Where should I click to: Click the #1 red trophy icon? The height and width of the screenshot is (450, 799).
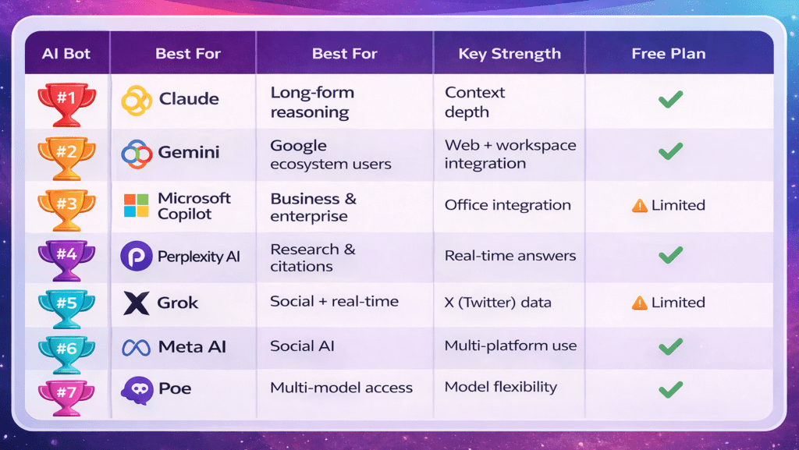pyautogui.click(x=66, y=103)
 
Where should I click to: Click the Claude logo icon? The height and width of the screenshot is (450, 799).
pyautogui.click(x=137, y=100)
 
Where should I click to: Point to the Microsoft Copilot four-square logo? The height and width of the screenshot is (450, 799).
pyautogui.click(x=137, y=206)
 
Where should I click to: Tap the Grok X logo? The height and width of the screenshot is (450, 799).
pyautogui.click(x=137, y=303)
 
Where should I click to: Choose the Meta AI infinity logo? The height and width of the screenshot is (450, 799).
pyautogui.click(x=137, y=347)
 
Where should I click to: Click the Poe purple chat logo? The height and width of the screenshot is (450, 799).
pyautogui.click(x=137, y=389)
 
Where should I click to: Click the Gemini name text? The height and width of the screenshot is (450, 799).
pyautogui.click(x=188, y=152)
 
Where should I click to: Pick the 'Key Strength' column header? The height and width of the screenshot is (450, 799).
pyautogui.click(x=510, y=54)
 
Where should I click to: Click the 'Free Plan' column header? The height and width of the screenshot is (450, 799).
pyautogui.click(x=669, y=54)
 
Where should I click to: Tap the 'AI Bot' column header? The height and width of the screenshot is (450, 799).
pyautogui.click(x=66, y=54)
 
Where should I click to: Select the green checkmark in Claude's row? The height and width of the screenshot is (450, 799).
pyautogui.click(x=670, y=100)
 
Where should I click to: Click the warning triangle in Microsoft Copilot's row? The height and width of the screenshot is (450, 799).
pyautogui.click(x=640, y=206)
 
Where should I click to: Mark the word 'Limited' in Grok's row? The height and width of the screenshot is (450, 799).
pyautogui.click(x=678, y=303)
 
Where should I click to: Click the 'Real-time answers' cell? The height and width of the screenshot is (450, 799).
pyautogui.click(x=510, y=256)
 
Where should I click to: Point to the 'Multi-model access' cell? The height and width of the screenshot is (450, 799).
pyautogui.click(x=341, y=388)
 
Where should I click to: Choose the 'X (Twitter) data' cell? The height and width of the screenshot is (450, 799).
pyautogui.click(x=497, y=302)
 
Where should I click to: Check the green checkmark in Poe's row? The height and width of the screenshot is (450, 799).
pyautogui.click(x=670, y=388)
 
